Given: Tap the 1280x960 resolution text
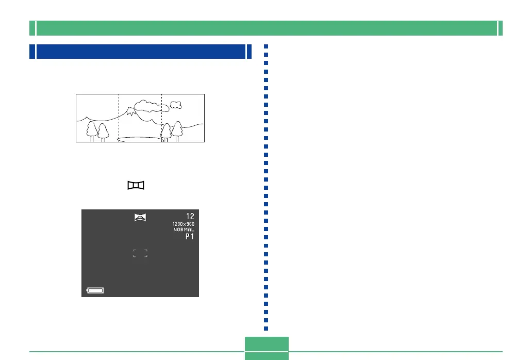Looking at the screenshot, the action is click(x=184, y=224).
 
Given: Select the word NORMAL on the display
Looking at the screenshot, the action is click(x=184, y=230).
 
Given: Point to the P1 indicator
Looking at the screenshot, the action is click(x=189, y=237).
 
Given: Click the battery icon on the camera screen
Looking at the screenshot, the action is click(x=95, y=291).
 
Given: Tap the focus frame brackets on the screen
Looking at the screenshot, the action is click(x=140, y=253).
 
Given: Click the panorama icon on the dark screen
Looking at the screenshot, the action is click(x=140, y=217).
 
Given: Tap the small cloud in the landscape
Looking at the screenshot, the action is click(x=176, y=105).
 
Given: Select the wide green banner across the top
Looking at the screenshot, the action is click(x=266, y=28).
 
